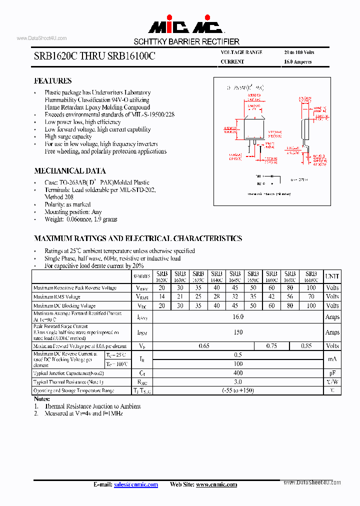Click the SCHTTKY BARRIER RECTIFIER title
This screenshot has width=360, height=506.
[186, 41]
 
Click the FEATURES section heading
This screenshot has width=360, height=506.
[52, 81]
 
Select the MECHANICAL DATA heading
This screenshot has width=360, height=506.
[69, 170]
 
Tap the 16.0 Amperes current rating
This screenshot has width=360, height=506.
[297, 62]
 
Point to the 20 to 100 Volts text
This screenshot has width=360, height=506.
[299, 52]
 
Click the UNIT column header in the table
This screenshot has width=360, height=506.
[332, 276]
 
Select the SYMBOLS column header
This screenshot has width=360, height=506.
[142, 276]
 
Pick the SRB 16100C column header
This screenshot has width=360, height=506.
[311, 276]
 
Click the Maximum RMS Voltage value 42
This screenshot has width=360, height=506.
[271, 297]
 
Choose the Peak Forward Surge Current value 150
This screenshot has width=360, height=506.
[238, 332]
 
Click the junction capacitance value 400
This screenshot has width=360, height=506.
[238, 373]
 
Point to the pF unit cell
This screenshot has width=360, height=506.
[332, 373]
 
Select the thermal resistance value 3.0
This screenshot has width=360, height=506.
[238, 382]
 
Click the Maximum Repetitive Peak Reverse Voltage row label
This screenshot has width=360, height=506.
[74, 288]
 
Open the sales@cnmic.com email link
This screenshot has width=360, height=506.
[136, 484]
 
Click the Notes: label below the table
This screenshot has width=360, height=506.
[42, 399]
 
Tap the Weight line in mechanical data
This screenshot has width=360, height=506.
[81, 219]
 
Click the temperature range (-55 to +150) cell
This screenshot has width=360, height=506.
[238, 390]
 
